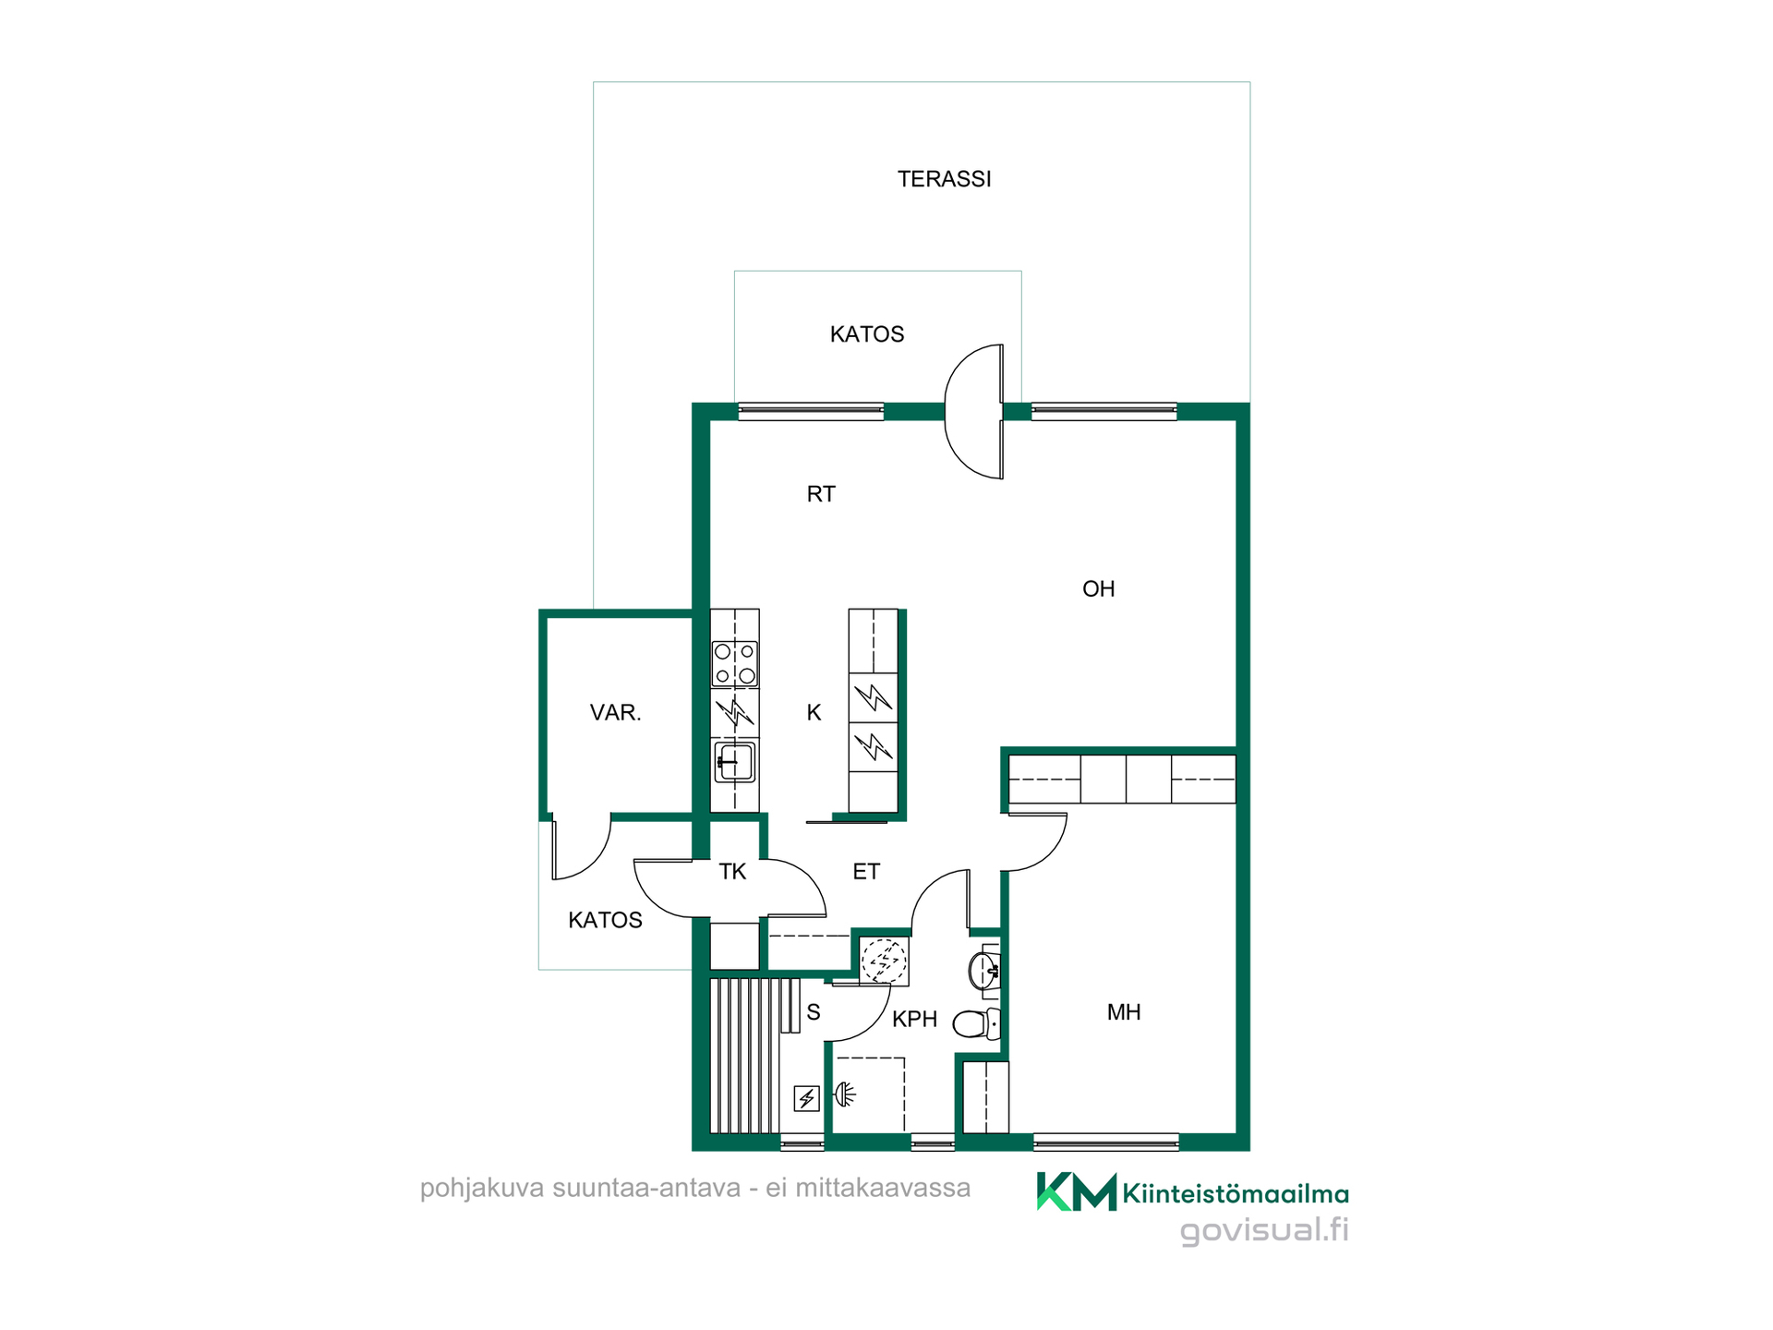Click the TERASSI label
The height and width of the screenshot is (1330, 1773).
click(x=944, y=179)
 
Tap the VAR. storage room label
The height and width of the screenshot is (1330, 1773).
click(x=615, y=713)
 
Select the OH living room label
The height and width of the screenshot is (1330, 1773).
click(x=1098, y=589)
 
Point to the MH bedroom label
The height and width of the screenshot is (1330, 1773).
click(x=1124, y=1012)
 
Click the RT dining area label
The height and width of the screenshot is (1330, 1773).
click(x=821, y=494)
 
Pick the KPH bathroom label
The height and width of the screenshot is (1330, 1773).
click(x=914, y=1020)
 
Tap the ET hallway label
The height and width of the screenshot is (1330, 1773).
click(x=866, y=872)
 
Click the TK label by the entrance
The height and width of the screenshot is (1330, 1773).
click(x=732, y=872)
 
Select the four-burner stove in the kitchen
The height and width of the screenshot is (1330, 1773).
click(x=735, y=664)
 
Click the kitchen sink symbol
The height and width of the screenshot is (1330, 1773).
click(x=735, y=762)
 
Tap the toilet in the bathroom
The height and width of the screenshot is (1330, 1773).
click(x=976, y=1024)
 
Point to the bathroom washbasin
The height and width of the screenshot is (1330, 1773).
click(x=984, y=970)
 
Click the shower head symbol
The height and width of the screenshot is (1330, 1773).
click(x=845, y=1095)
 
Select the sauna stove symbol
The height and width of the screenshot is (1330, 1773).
click(x=807, y=1098)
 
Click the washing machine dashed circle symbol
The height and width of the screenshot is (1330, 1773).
click(x=885, y=961)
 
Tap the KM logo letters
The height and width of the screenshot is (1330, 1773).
click(x=1077, y=1191)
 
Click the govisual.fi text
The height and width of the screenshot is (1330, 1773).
click(x=1264, y=1230)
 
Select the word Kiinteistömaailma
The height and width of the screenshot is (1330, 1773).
click(x=1236, y=1194)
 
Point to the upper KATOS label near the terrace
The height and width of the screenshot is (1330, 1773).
click(x=867, y=334)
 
